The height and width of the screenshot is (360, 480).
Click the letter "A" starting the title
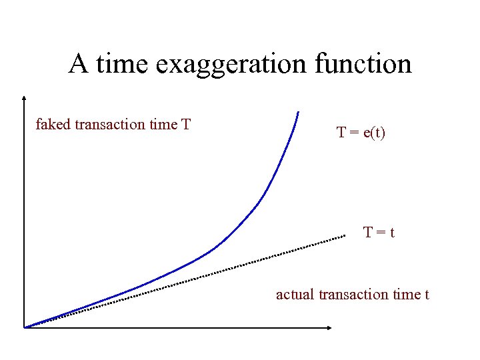click(79, 64)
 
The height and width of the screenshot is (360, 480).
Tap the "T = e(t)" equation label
click(361, 133)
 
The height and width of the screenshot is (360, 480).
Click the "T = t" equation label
click(379, 233)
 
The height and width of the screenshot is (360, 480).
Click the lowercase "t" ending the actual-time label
click(427, 294)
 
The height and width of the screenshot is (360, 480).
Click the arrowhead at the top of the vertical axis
click(23, 97)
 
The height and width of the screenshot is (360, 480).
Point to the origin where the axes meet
click(24, 327)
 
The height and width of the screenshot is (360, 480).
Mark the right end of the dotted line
click(344, 236)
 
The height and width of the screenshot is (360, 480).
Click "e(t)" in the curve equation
click(373, 133)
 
